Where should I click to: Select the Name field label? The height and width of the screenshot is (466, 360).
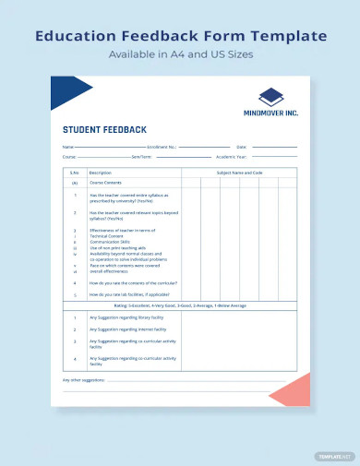(x=67, y=147)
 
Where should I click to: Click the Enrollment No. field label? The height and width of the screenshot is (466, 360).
(x=162, y=147)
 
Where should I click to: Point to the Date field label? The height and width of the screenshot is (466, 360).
(x=242, y=147)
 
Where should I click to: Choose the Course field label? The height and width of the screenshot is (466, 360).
(x=68, y=156)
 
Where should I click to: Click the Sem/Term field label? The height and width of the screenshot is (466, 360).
(x=141, y=156)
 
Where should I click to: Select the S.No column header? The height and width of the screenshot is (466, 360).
(x=74, y=173)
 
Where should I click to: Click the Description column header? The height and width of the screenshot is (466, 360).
(x=101, y=173)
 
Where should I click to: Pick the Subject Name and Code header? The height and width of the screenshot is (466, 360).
(x=239, y=173)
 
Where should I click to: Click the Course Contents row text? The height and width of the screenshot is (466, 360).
(x=105, y=183)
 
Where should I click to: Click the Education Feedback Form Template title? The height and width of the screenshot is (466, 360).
(x=180, y=36)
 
